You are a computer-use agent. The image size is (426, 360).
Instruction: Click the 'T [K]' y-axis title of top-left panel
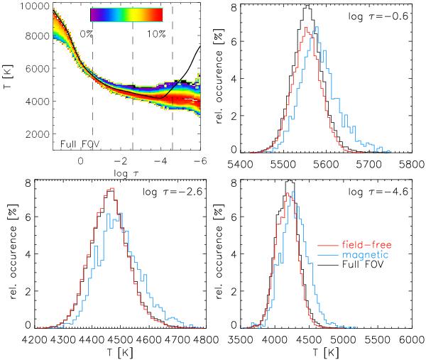click(9, 78)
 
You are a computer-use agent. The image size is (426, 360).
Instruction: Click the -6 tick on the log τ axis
click(200, 162)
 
